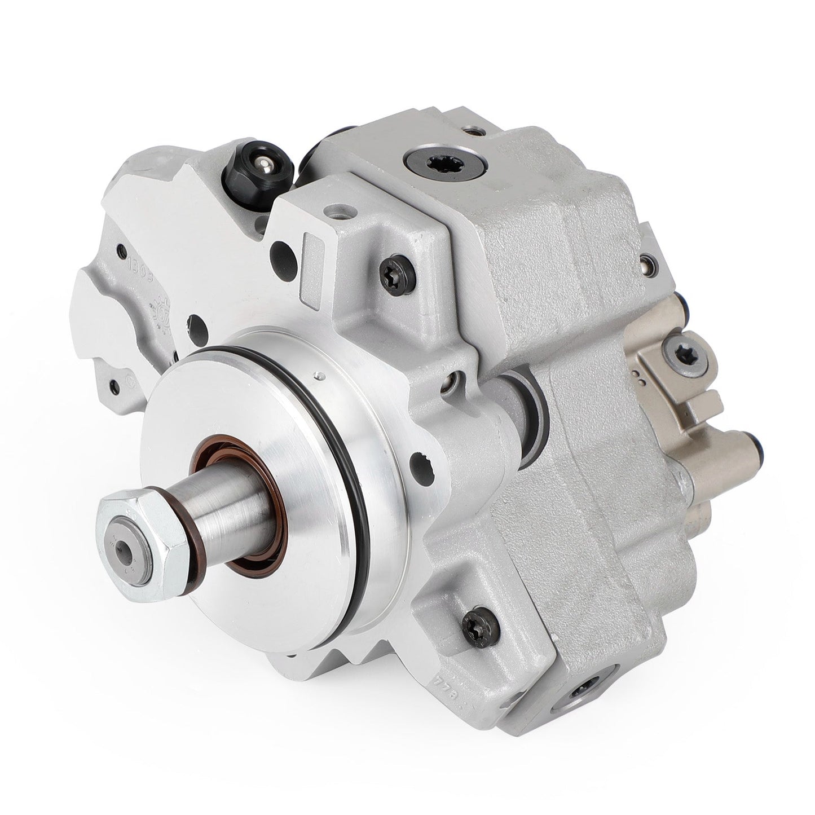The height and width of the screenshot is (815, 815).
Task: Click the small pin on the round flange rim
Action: click(x=319, y=375)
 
